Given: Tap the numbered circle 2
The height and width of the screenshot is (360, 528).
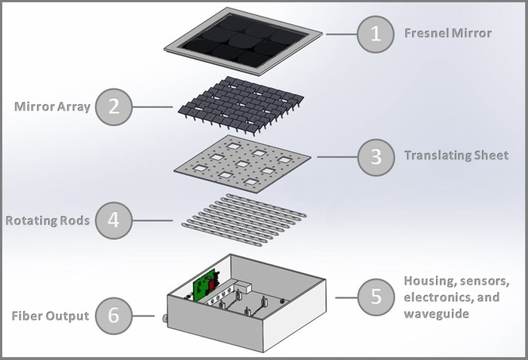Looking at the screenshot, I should pyautogui.click(x=113, y=106).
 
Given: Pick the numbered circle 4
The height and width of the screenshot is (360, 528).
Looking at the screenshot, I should pyautogui.click(x=113, y=221).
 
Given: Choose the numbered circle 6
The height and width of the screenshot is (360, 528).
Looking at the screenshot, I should pyautogui.click(x=113, y=315).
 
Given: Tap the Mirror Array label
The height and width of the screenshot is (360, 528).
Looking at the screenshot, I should pyautogui.click(x=52, y=106).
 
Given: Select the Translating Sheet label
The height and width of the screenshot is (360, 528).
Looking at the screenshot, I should pyautogui.click(x=456, y=156).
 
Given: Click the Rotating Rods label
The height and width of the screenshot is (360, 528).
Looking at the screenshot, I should pyautogui.click(x=48, y=221).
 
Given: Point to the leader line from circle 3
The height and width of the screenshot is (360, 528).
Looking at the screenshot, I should pyautogui.click(x=336, y=156).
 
